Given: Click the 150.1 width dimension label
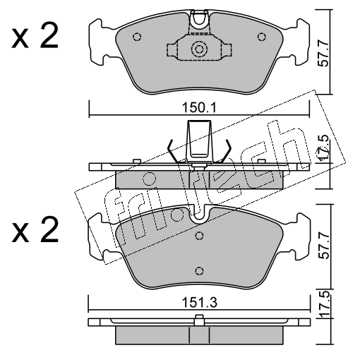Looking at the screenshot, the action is pos(199,108).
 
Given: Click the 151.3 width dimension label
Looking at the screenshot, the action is pos(200,303).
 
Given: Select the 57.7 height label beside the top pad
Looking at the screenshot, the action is pos(323,53).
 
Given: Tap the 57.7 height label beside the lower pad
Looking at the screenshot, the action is pos(323,246).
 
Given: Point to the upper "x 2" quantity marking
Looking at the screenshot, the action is pos(35,37).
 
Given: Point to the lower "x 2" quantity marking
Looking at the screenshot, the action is pos(35,230).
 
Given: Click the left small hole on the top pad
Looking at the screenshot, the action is pos(137,37).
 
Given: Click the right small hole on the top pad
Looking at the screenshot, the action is pos(261,37).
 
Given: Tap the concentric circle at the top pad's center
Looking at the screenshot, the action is pos(199,49).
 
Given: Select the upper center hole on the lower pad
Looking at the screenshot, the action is pos(199,236).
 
